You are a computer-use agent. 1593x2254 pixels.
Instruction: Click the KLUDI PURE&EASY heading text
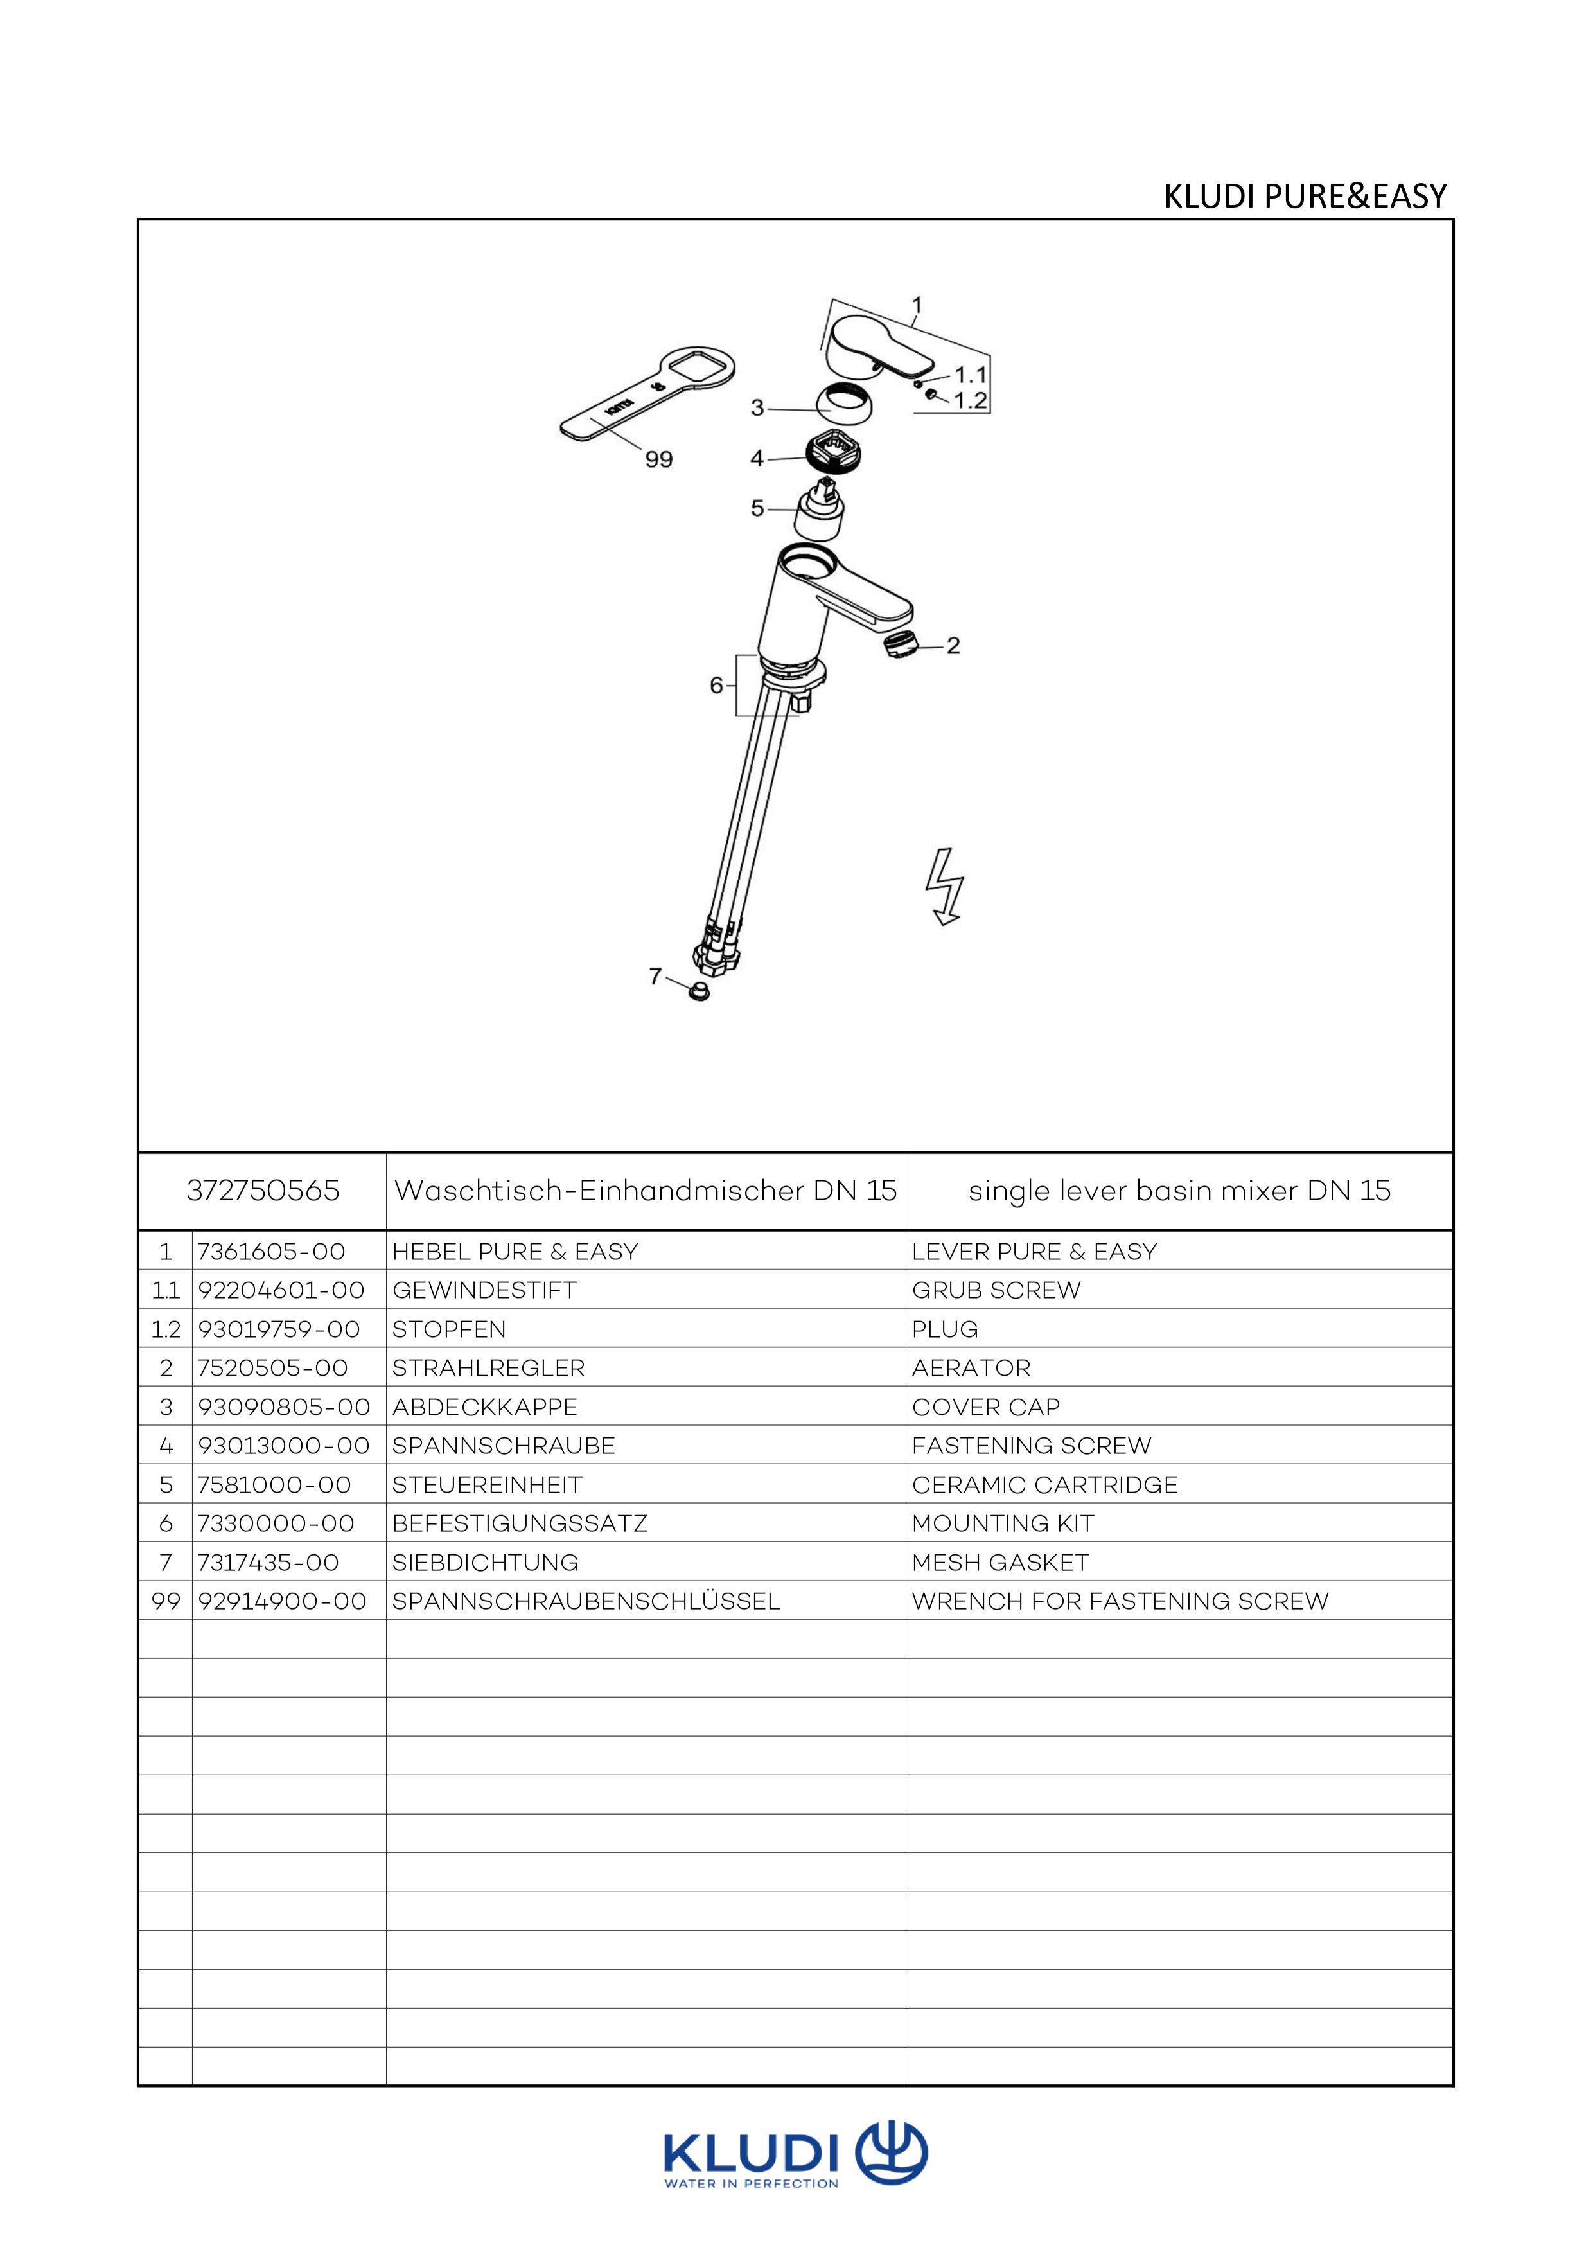(x=1305, y=197)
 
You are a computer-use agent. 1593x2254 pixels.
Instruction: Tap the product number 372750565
(x=263, y=1191)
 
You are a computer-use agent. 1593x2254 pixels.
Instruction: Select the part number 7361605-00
(x=272, y=1252)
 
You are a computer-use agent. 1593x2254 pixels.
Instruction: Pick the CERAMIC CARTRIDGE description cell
(x=1044, y=1484)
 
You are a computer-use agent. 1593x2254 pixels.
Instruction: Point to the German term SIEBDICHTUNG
(x=485, y=1562)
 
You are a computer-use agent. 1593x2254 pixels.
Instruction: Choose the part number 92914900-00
(x=283, y=1601)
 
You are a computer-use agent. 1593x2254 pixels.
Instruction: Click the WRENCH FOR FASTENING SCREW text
(x=1120, y=1601)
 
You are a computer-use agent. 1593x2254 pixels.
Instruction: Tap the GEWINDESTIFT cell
(x=484, y=1290)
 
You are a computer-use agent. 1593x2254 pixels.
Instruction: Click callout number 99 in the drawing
(x=658, y=459)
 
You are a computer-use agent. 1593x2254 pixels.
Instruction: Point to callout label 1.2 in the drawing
(x=970, y=400)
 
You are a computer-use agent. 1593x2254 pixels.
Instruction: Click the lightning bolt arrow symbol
(x=945, y=887)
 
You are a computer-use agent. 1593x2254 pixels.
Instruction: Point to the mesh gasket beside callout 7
(x=699, y=991)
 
